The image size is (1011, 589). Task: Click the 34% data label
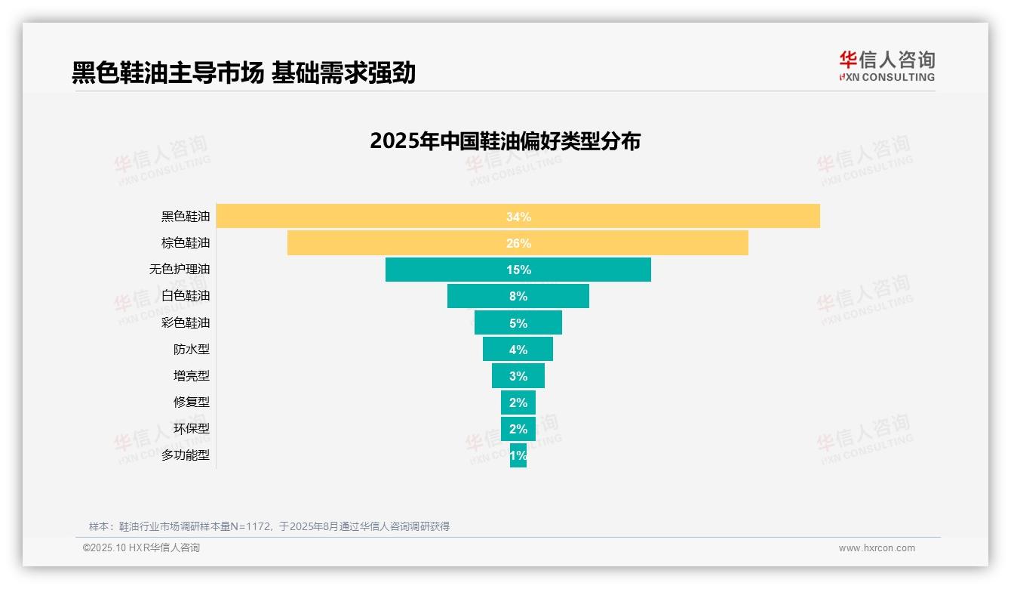pyautogui.click(x=518, y=217)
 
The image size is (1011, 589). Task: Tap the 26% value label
pyautogui.click(x=518, y=243)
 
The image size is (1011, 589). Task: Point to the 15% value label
pyautogui.click(x=518, y=270)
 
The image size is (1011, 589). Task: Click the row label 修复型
pyautogui.click(x=192, y=402)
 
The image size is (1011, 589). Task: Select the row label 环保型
pyautogui.click(x=192, y=428)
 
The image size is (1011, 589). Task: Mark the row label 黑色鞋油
pyautogui.click(x=186, y=217)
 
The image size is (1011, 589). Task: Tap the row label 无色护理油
pyautogui.click(x=180, y=270)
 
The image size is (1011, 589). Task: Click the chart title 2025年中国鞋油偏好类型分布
pyautogui.click(x=505, y=141)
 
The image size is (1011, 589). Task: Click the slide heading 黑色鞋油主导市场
pyautogui.click(x=167, y=72)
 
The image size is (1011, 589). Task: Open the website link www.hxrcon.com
pyautogui.click(x=877, y=548)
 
